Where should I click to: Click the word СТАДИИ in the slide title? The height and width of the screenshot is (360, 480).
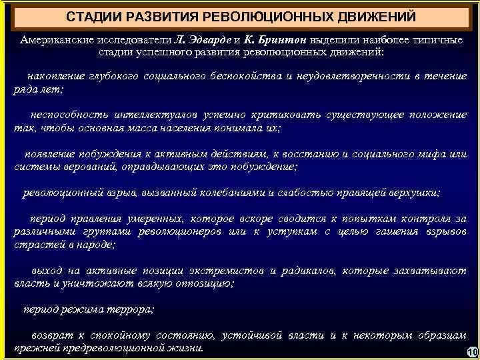coord(95,15)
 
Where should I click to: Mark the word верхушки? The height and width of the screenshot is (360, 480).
coord(412,193)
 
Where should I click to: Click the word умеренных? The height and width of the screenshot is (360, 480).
coord(152,219)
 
